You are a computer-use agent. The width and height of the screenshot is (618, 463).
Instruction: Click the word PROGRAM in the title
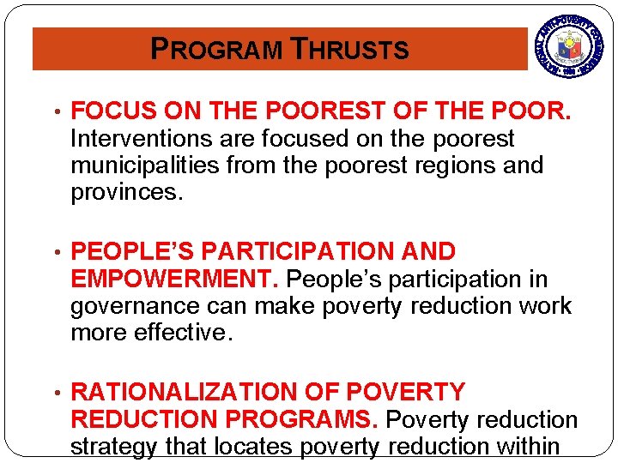click(215, 50)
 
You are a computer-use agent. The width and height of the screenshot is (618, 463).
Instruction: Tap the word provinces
click(127, 191)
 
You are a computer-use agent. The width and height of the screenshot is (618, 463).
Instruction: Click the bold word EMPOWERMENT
click(174, 280)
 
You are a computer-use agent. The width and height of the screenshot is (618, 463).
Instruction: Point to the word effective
click(183, 333)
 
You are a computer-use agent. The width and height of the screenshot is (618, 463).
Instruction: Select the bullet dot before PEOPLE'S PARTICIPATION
click(55, 253)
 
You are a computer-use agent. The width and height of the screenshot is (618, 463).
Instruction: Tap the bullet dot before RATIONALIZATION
click(55, 394)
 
